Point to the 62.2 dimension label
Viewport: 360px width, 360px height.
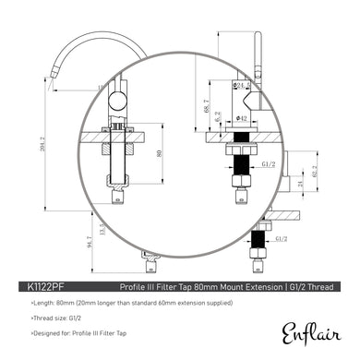pyautogui.click(x=316, y=171)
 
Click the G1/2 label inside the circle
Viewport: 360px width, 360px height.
pyautogui.click(x=243, y=163)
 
